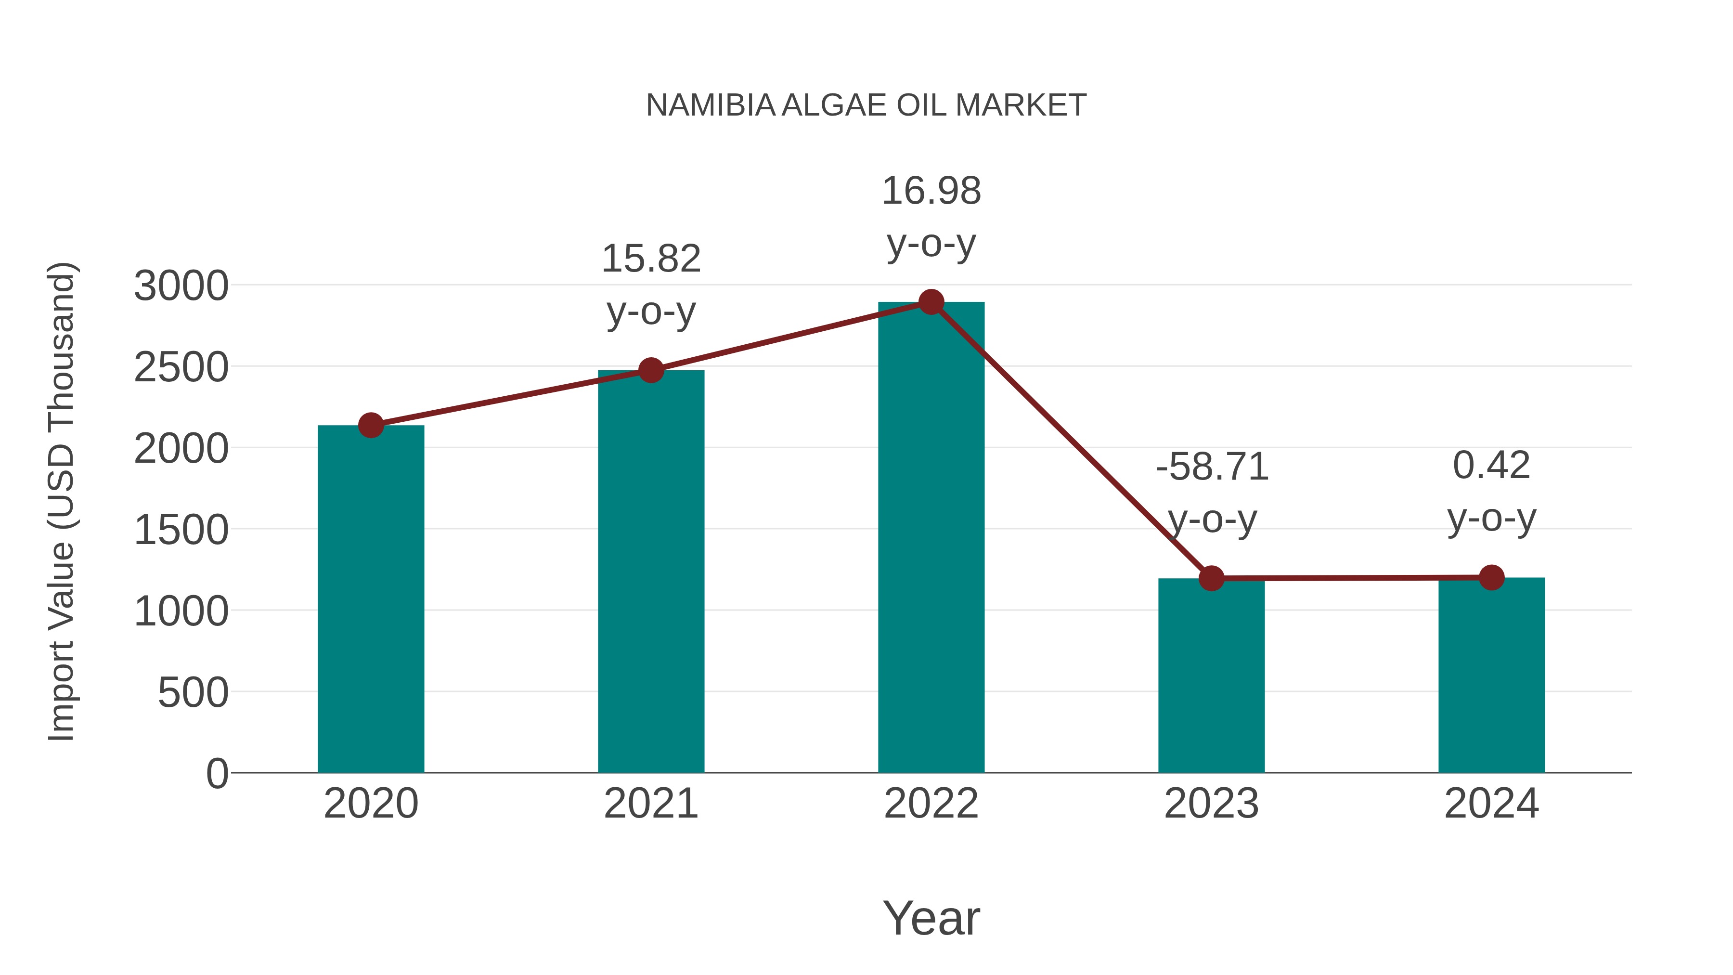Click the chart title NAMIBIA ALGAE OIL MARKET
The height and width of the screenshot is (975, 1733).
(866, 105)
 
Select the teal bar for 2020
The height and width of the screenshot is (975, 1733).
(371, 599)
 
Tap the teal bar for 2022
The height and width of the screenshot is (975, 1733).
(931, 538)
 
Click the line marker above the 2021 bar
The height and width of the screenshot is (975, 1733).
(650, 370)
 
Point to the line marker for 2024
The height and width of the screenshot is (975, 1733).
(1491, 577)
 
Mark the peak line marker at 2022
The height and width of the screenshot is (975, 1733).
(931, 302)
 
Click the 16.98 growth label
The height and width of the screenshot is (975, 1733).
(931, 191)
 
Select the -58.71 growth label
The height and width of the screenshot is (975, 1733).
(1212, 467)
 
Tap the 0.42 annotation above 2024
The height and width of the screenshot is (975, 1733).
(1491, 466)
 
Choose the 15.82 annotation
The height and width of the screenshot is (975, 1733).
(650, 259)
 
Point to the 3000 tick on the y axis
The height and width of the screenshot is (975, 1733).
(181, 286)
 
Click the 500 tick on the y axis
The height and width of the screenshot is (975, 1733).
(193, 692)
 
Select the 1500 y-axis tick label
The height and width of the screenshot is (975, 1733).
(181, 530)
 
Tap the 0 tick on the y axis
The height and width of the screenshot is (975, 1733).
(217, 773)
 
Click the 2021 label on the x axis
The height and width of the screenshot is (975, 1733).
(650, 804)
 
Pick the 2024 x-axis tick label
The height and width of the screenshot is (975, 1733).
(1491, 804)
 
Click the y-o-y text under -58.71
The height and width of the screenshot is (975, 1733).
(1212, 520)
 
